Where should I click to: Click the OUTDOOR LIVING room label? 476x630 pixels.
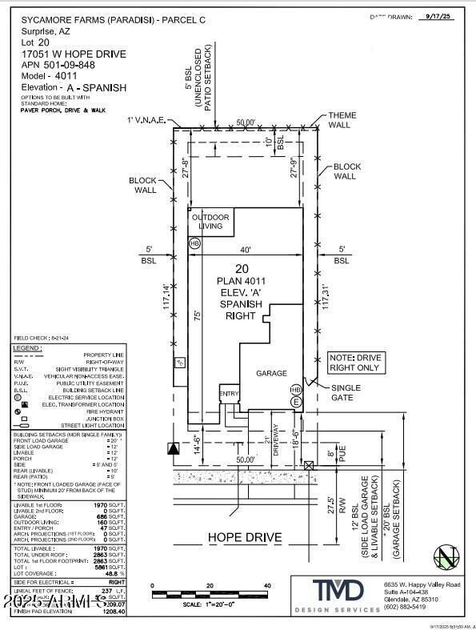tap(210, 222)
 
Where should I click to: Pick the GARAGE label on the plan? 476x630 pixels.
tap(271, 373)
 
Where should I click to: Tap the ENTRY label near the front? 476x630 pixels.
tap(230, 393)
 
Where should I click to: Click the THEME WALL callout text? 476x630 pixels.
tap(342, 121)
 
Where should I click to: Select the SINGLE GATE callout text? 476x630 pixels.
tap(346, 392)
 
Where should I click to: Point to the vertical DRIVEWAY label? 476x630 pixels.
tap(274, 439)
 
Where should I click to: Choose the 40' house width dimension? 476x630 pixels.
tap(244, 250)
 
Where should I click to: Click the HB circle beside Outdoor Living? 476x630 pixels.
tap(194, 243)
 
